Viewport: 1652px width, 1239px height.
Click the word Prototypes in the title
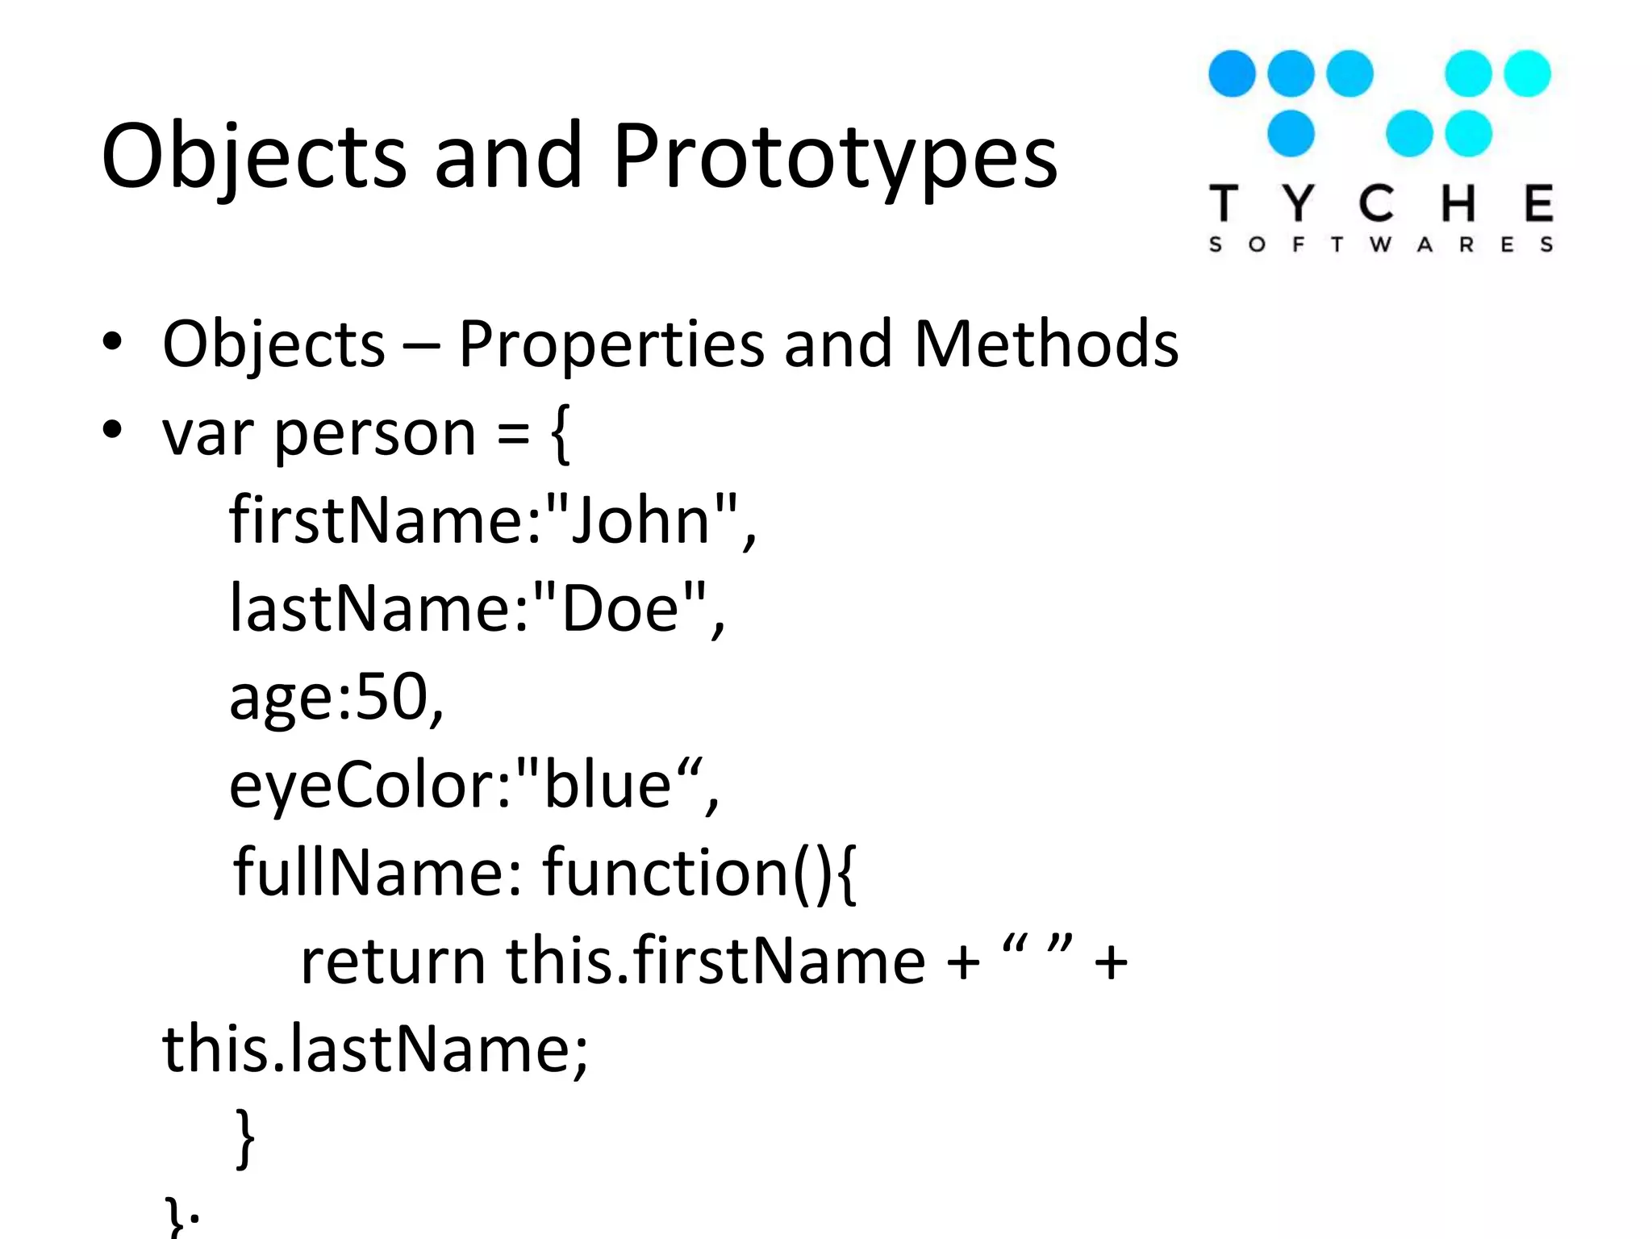pyautogui.click(x=834, y=157)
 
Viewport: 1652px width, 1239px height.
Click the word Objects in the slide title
pyautogui.click(x=253, y=157)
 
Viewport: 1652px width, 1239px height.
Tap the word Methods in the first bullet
pyautogui.click(x=1045, y=344)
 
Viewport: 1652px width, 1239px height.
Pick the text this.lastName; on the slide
pyautogui.click(x=375, y=1049)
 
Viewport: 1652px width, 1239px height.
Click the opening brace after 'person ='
pyautogui.click(x=561, y=434)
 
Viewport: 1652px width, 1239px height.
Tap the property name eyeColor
pyautogui.click(x=359, y=786)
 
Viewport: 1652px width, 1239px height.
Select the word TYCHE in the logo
pyautogui.click(x=1380, y=203)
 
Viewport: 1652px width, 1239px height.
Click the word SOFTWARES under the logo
pyautogui.click(x=1380, y=244)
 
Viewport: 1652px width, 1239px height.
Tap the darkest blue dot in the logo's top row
pyautogui.click(x=1232, y=73)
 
